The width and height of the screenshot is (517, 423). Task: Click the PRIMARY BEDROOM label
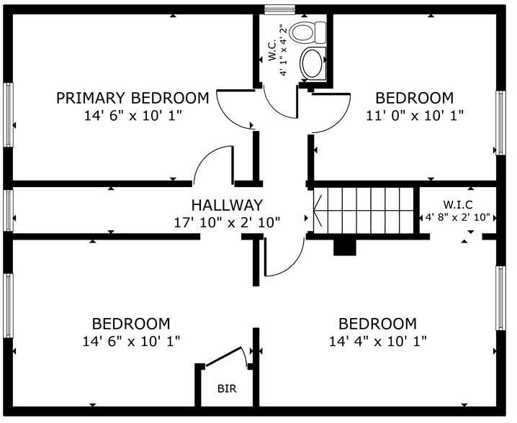pos(132,98)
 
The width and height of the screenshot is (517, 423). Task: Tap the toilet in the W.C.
pos(307,32)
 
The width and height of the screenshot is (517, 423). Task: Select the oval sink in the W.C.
pos(313,63)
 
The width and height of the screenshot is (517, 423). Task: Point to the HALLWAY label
pos(227,205)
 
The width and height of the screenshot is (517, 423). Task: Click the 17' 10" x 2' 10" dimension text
pos(227,223)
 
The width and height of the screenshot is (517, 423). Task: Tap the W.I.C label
pos(458,205)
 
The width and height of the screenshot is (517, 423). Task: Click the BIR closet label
pos(227,388)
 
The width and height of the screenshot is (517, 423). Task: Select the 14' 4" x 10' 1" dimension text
pos(378,341)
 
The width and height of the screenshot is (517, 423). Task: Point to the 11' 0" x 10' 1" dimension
pos(415,116)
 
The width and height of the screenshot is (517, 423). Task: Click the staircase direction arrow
pos(318,211)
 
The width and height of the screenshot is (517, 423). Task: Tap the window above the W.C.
pos(280,9)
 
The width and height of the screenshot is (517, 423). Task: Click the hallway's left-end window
pos(8,210)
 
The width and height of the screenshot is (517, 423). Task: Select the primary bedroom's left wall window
pos(8,114)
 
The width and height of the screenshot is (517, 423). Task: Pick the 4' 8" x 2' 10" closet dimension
pos(458,218)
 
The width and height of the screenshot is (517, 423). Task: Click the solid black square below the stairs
pos(345,247)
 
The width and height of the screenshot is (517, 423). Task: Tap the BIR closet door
pos(223,356)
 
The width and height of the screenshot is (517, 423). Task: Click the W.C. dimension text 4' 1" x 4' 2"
pos(282,50)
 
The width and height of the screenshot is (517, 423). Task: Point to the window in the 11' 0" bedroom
pos(501,122)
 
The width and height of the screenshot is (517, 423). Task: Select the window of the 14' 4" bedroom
pos(501,298)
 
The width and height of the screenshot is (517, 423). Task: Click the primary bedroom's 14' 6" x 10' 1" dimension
pos(132,116)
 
